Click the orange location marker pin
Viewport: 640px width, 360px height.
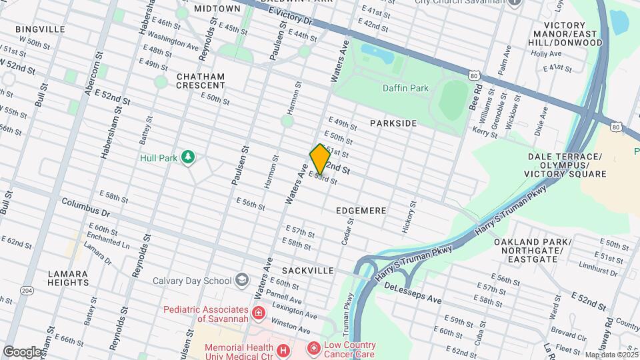point(320,159)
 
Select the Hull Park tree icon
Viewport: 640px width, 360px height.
point(189,157)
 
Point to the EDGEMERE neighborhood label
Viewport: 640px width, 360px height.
point(361,211)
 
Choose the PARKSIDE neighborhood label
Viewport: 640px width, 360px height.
point(393,123)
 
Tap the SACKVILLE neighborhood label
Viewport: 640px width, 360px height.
point(307,271)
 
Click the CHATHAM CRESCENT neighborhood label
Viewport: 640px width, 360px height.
point(201,81)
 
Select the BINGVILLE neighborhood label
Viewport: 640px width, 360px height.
point(40,29)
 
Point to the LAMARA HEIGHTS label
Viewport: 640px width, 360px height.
point(67,278)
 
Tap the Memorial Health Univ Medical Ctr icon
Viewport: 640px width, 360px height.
point(283,349)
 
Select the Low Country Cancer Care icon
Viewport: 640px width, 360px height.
point(313,348)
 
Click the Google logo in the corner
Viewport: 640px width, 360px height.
point(21,351)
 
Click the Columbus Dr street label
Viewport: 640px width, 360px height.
point(85,207)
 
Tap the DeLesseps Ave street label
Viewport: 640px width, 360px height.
point(413,293)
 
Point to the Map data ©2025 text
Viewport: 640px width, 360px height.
point(611,355)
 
